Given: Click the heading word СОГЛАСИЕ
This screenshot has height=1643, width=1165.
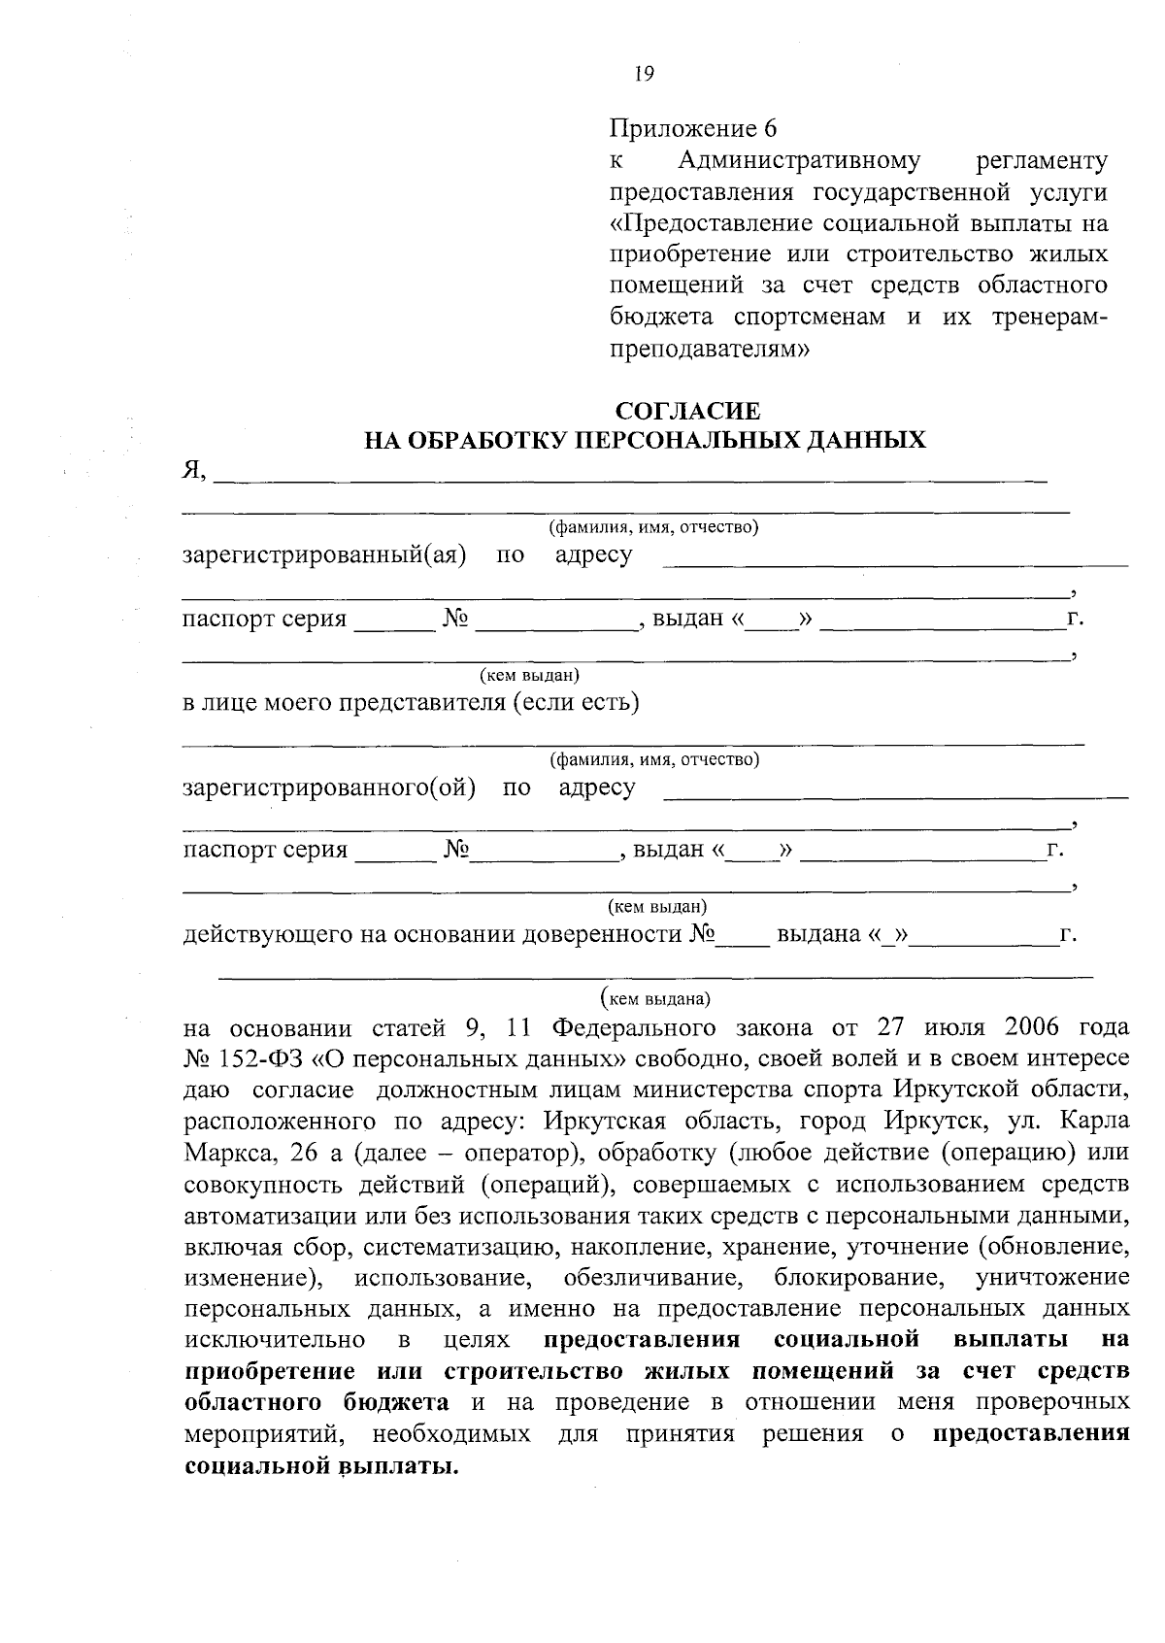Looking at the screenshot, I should point(689,411).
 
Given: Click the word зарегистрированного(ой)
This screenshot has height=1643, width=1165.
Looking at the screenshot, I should point(329,788).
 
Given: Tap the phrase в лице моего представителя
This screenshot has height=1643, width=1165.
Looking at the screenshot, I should point(345,702).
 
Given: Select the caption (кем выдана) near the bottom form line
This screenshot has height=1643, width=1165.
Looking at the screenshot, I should point(656,997).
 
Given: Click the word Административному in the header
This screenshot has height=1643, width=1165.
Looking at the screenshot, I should point(800,159).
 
